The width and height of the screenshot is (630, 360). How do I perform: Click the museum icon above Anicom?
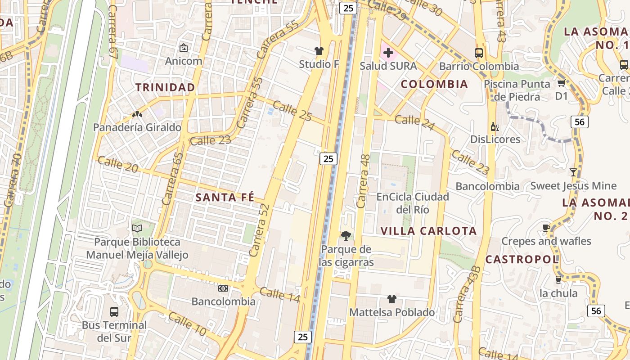184,47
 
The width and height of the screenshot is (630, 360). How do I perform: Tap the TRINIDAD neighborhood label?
166,87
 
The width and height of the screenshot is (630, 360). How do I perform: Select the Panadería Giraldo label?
137,127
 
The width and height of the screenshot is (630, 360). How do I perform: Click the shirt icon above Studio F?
319,51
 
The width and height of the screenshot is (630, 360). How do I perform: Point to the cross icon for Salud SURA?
388,53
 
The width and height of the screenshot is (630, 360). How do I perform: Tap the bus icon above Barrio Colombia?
479,53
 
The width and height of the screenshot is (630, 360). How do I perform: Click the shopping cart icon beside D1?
561,83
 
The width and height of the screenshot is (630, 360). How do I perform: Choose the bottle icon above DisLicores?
495,126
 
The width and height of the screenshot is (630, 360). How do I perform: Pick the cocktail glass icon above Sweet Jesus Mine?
573,172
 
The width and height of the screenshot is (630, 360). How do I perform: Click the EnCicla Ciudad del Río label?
413,203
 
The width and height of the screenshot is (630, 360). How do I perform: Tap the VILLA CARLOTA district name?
428,231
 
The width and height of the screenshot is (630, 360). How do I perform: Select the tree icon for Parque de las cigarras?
346,235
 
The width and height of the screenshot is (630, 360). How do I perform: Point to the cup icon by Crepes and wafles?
546,228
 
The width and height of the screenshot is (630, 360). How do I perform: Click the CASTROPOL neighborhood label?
522,259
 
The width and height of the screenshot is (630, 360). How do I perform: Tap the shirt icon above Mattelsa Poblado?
391,299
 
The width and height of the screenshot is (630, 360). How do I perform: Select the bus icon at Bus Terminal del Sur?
114,311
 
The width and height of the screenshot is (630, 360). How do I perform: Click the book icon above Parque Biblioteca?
137,229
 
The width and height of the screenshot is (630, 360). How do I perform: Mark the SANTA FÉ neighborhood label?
225,197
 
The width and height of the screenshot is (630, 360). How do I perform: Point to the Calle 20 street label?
117,164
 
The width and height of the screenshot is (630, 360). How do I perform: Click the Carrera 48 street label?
363,181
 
